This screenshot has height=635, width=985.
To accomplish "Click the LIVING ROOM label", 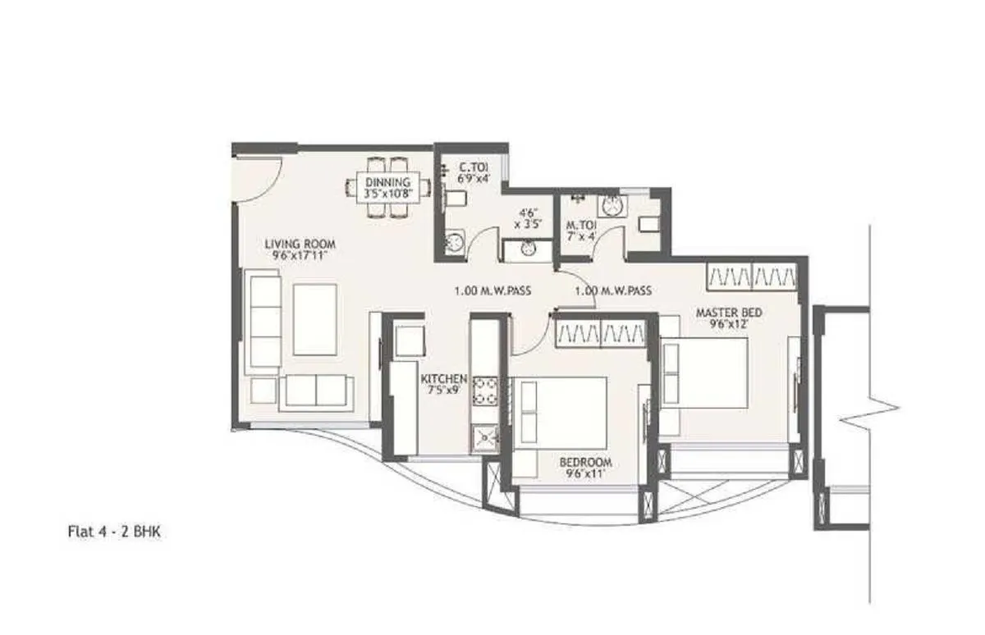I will point(300,244).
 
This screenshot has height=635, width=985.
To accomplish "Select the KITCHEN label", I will point(444,379).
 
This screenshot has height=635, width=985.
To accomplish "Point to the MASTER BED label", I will point(729,313).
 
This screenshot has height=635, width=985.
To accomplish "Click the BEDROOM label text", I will point(587,463).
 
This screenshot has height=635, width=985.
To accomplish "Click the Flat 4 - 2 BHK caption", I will point(114,532).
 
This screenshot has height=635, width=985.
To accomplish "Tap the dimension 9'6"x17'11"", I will point(300,255).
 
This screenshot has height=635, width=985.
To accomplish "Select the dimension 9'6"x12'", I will point(729,324).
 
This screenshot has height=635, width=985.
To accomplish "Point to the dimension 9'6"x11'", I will point(587,474).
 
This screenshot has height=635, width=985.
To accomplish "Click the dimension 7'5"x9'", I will point(444,391).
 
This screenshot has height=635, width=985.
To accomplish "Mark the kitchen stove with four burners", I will point(483,391).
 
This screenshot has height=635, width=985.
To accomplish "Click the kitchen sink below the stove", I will point(483,438).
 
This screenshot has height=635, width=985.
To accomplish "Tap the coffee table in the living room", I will point(314,319).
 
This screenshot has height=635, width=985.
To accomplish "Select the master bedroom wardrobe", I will point(751,276).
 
